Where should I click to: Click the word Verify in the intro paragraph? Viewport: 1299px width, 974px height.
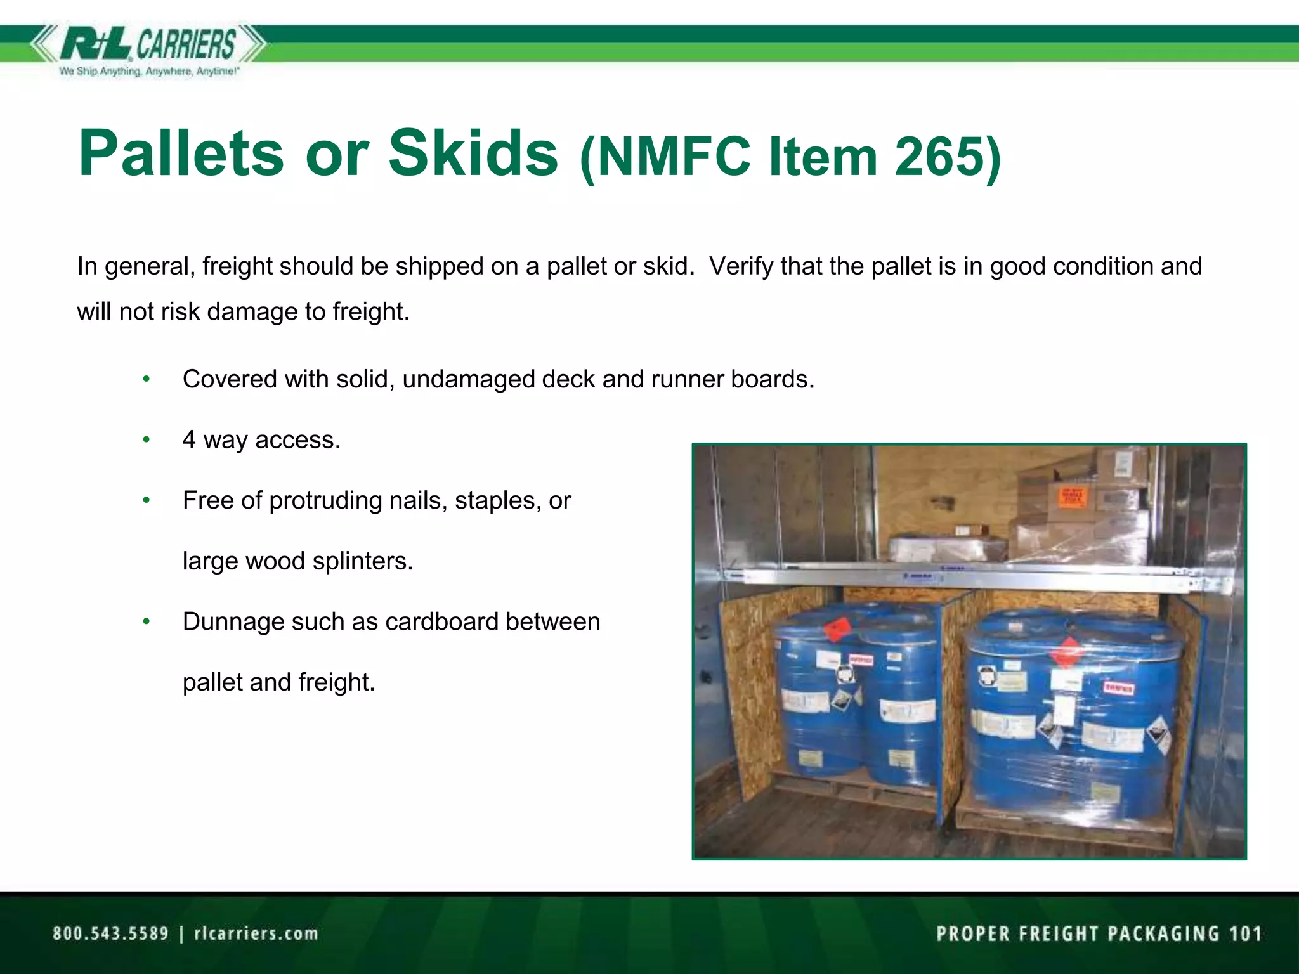click(x=740, y=266)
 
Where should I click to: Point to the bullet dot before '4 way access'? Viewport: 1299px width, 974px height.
click(x=147, y=439)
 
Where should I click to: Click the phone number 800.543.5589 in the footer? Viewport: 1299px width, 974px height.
click(x=111, y=933)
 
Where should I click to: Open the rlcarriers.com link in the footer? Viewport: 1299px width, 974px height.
click(x=256, y=933)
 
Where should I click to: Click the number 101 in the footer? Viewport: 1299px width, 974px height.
click(x=1245, y=933)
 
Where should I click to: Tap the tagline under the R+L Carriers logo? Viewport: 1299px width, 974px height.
click(x=149, y=72)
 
